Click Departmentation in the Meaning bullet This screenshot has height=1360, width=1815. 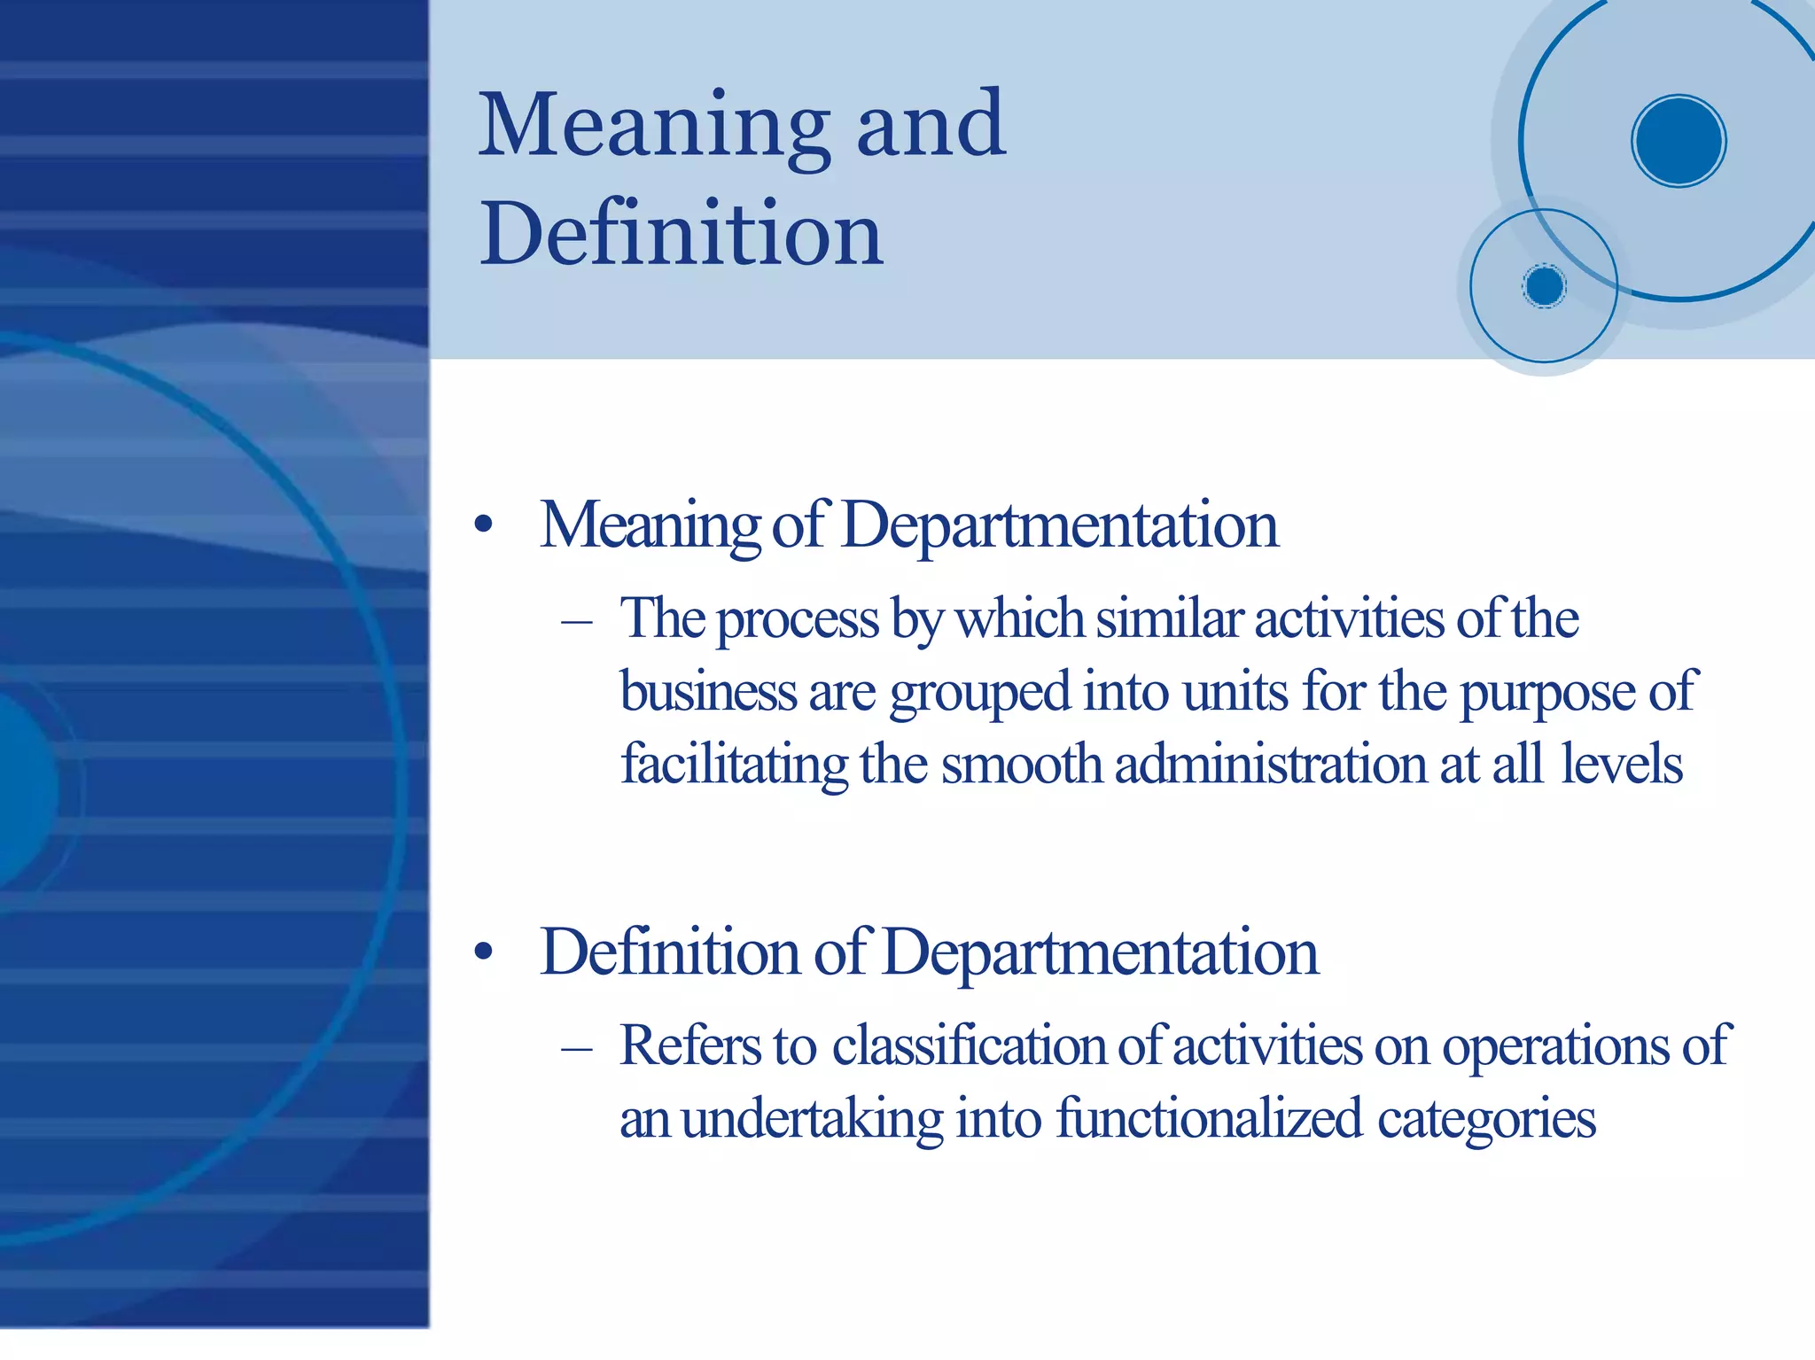coord(1059,525)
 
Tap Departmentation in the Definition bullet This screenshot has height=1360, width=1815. coord(1100,952)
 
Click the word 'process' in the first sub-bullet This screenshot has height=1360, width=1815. coord(798,619)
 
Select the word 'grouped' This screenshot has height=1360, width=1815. coord(980,693)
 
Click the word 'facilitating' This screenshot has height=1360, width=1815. coord(734,765)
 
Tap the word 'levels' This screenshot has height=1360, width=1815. coord(1621,764)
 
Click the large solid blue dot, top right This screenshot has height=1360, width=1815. coord(1679,141)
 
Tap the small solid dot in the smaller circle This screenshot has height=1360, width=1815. coord(1545,286)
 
